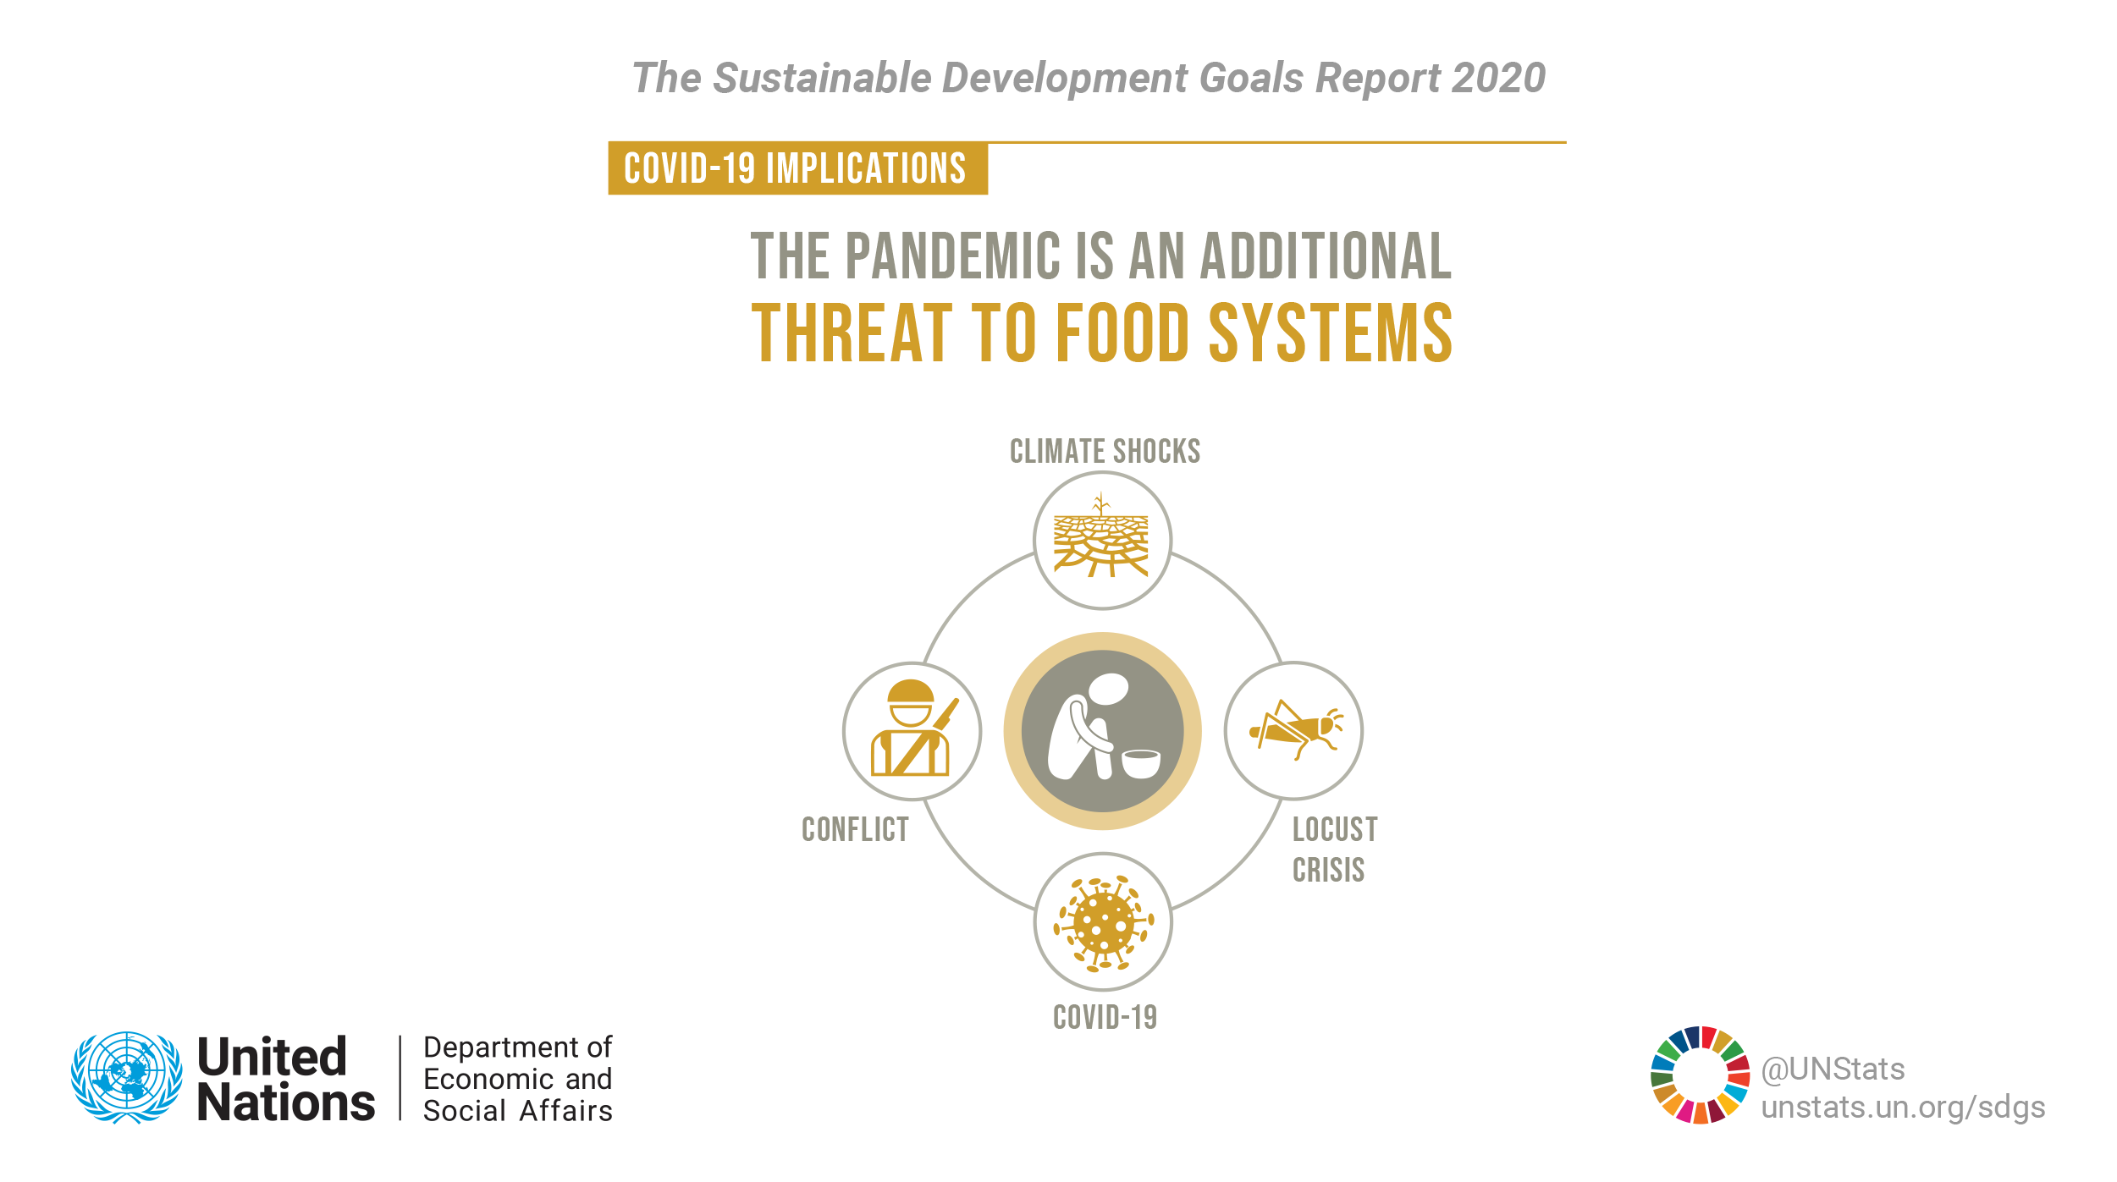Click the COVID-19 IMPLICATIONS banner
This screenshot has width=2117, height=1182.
tap(797, 168)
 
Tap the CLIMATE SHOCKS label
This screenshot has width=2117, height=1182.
tap(1105, 452)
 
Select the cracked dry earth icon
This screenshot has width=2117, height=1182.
tap(1100, 536)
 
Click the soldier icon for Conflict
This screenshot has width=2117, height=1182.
tap(912, 728)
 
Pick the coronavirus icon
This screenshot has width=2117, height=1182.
tap(1103, 922)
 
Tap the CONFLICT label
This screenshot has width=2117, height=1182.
tap(855, 830)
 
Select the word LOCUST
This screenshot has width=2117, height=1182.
tap(1335, 830)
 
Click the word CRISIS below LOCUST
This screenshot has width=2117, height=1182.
tap(1328, 871)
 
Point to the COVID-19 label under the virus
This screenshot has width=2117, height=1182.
tap(1105, 1017)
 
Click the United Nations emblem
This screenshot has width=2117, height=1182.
tap(127, 1077)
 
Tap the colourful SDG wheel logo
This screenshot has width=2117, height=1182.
tap(1701, 1075)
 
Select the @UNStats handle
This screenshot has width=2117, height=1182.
tap(1833, 1069)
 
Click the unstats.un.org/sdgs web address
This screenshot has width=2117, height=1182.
tap(1903, 1108)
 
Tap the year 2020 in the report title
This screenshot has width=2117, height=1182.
tap(1498, 78)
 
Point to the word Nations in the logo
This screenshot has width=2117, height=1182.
tap(286, 1102)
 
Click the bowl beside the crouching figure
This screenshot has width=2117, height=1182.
tap(1141, 763)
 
